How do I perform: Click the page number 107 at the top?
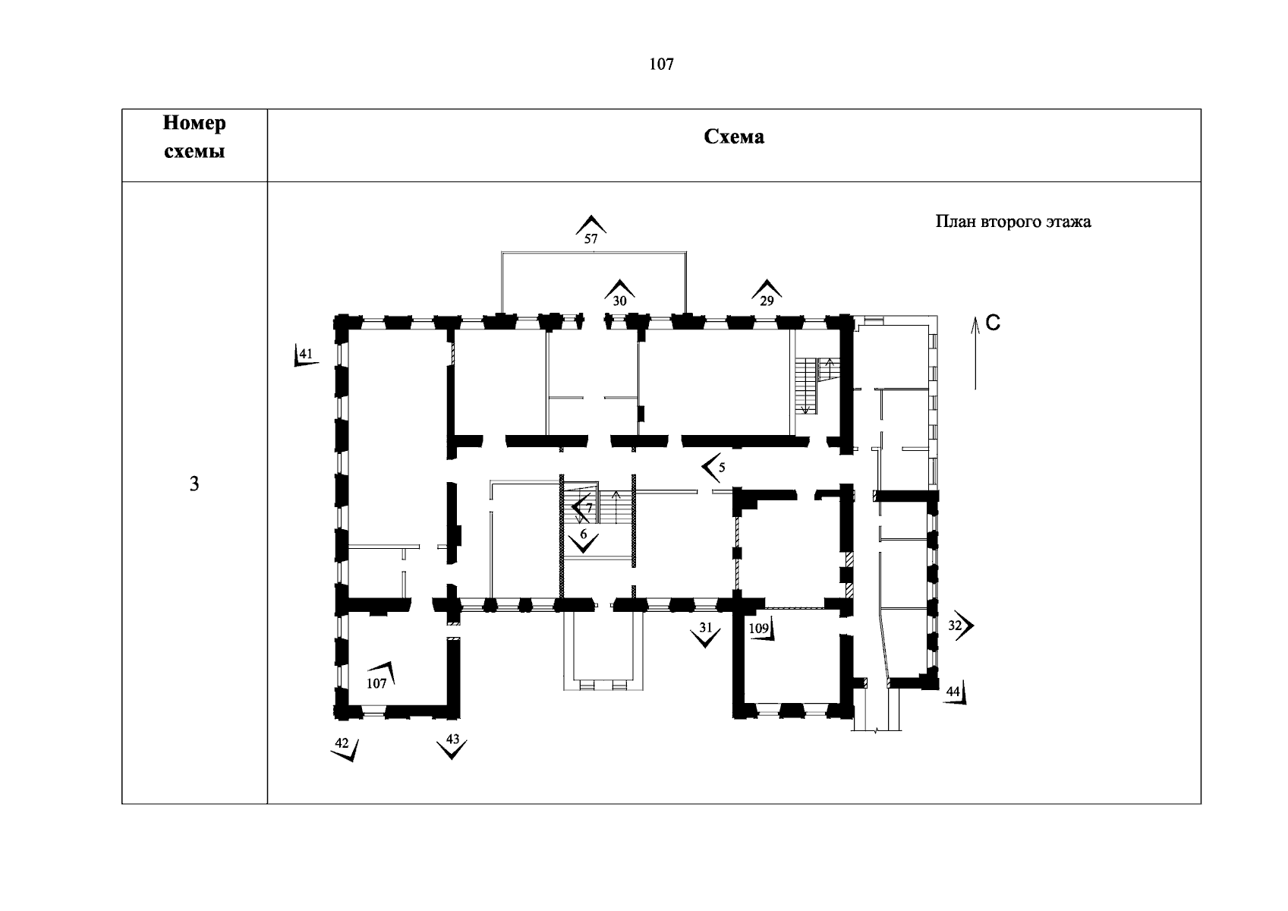[661, 65]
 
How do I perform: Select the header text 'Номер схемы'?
[194, 137]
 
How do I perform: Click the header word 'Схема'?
[734, 137]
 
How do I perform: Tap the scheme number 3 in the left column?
[194, 484]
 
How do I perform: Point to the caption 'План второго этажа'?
[1012, 222]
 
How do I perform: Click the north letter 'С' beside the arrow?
[993, 323]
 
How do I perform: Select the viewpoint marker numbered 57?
[591, 230]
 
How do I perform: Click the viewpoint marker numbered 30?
[619, 294]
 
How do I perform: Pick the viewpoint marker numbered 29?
[767, 294]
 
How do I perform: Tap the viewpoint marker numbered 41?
[305, 356]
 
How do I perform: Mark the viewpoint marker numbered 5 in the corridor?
[713, 468]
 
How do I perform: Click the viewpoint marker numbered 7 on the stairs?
[584, 507]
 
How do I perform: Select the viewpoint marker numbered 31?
[707, 633]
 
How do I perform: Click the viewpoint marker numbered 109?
[761, 629]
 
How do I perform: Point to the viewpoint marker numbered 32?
[960, 626]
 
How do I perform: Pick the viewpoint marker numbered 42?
[345, 748]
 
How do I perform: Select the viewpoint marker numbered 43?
[452, 746]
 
